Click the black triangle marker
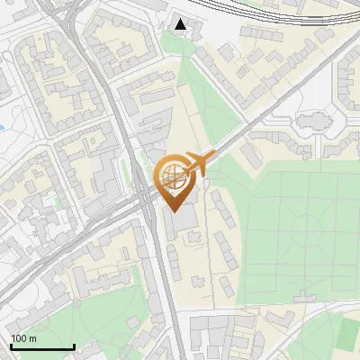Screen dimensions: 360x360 (182, 24)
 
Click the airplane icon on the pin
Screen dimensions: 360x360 (197, 165)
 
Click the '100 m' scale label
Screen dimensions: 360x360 (23, 338)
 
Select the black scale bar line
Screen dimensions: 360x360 (42, 346)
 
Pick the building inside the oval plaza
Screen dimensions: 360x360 (313, 121)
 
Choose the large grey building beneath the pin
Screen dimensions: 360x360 (183, 219)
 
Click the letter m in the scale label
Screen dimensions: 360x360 (33, 338)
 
